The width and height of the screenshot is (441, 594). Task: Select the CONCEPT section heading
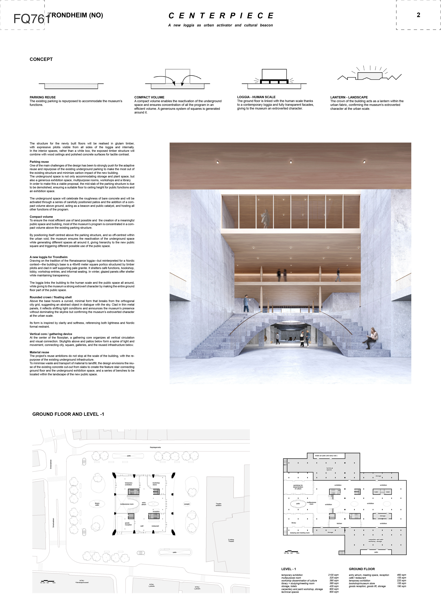coord(41,59)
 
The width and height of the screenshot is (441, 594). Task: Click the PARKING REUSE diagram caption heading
coord(43,97)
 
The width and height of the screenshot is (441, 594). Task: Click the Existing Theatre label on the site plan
coord(231,540)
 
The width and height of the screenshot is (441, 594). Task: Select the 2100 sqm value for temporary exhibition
coord(333,575)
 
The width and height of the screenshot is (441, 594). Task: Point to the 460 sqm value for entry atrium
coord(401,575)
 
